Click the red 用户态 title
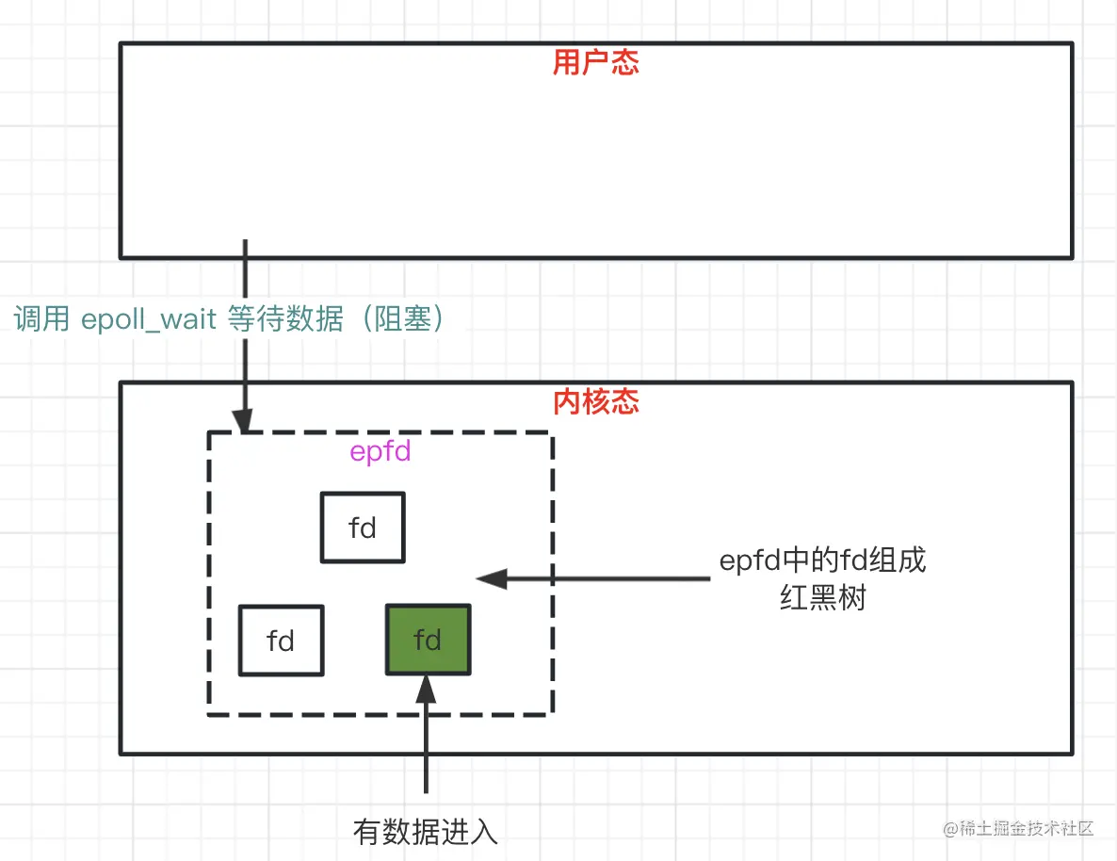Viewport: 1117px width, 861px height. [x=595, y=63]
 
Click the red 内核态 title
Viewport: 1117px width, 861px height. [x=595, y=402]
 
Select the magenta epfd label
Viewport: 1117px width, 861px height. [x=380, y=452]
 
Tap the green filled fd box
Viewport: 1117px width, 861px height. [x=428, y=641]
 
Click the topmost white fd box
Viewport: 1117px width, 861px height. [x=363, y=528]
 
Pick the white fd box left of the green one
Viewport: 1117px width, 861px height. [x=281, y=641]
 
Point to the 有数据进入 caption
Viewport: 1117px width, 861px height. [x=425, y=832]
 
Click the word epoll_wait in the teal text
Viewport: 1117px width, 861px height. [x=150, y=320]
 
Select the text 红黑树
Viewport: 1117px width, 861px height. [x=822, y=597]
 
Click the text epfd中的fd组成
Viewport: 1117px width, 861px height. [x=822, y=561]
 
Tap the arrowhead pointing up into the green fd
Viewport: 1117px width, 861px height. [x=427, y=685]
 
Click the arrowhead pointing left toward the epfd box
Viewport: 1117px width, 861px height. [x=491, y=578]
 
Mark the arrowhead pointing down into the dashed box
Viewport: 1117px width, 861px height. [x=246, y=421]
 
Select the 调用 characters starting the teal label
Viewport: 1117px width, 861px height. [x=41, y=320]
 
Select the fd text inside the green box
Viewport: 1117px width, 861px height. [x=428, y=641]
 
